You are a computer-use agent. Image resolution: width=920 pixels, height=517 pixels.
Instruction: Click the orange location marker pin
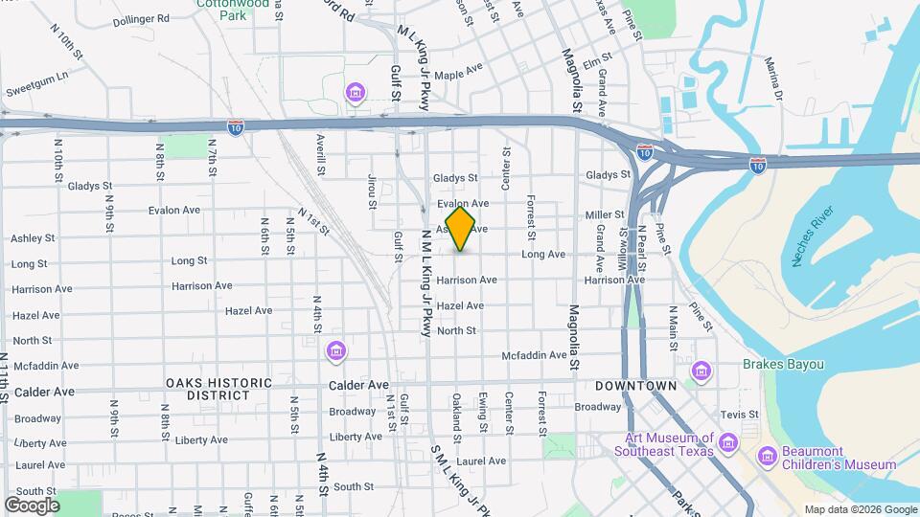[460, 229]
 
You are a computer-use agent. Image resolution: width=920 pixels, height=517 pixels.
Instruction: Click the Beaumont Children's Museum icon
[767, 456]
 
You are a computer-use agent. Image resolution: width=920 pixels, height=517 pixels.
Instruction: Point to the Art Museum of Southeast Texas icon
[728, 442]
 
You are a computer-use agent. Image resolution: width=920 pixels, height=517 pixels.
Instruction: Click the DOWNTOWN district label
[636, 386]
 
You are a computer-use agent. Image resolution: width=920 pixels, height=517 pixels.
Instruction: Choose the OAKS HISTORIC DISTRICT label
[218, 389]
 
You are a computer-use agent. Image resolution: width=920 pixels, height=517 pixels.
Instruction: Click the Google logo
[32, 505]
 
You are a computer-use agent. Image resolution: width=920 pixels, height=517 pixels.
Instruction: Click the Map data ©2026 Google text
[861, 509]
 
